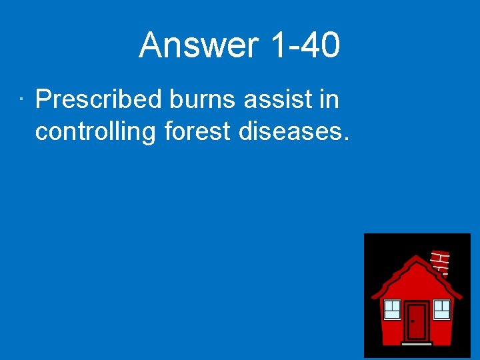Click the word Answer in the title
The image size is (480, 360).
pyautogui.click(x=198, y=46)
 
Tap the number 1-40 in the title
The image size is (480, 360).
pyautogui.click(x=306, y=46)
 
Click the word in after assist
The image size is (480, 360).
pyautogui.click(x=329, y=101)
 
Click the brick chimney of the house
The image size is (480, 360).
pyautogui.click(x=440, y=262)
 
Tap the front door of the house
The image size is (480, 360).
pyautogui.click(x=417, y=321)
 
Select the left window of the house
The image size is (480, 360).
pyautogui.click(x=392, y=309)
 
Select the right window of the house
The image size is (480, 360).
pyautogui.click(x=441, y=309)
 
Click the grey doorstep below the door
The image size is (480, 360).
pyautogui.click(x=417, y=343)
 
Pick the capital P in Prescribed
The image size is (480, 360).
pyautogui.click(x=43, y=101)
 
